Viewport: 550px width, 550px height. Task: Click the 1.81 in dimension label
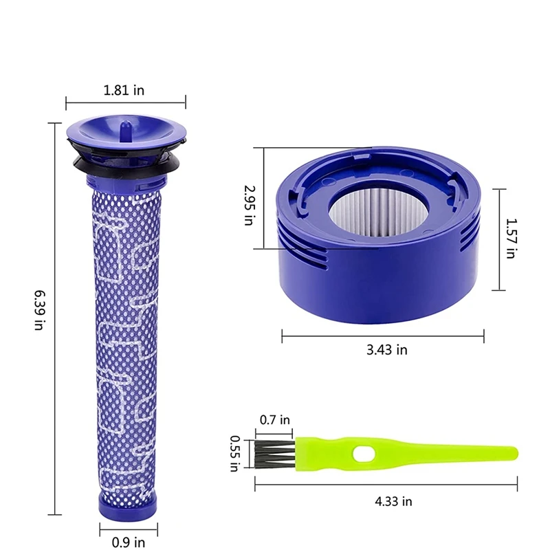pyautogui.click(x=124, y=90)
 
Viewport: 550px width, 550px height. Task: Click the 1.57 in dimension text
pyautogui.click(x=509, y=239)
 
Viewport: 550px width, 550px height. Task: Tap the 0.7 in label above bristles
pyautogui.click(x=275, y=419)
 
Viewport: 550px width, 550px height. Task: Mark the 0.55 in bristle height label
pyautogui.click(x=234, y=454)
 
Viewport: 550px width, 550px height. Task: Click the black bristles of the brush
pyautogui.click(x=274, y=454)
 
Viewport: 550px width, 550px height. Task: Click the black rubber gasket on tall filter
pyautogui.click(x=124, y=163)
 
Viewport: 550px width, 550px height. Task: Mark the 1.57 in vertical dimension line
pyautogui.click(x=493, y=239)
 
